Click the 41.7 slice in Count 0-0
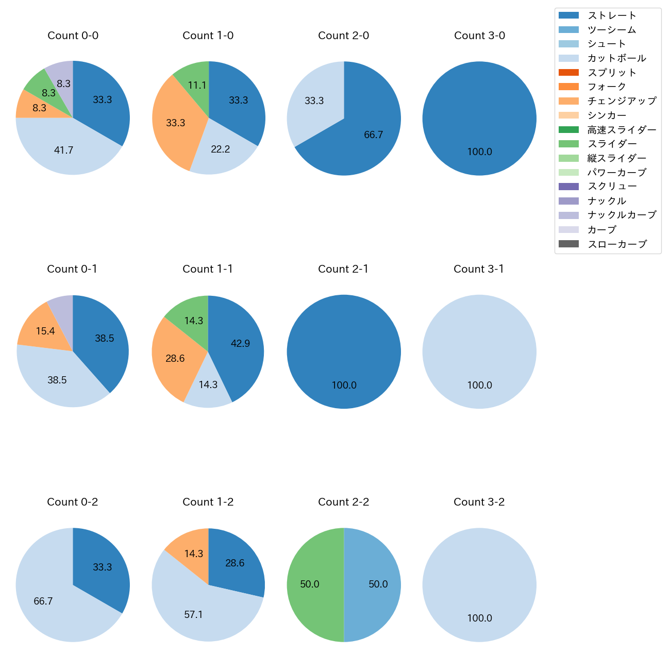[64, 150]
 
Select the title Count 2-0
[344, 36]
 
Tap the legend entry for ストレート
[612, 15]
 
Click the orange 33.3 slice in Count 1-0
[176, 123]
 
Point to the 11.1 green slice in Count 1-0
[197, 85]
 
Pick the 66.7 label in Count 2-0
[374, 135]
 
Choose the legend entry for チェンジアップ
[622, 101]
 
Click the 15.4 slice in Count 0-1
[45, 331]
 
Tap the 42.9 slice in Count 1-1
[240, 343]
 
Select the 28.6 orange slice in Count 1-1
[175, 358]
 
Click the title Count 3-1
[479, 269]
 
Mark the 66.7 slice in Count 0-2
[43, 601]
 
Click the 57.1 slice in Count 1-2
[194, 614]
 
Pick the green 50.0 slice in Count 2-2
[310, 584]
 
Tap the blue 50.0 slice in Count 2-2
[378, 584]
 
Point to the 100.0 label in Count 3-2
[480, 618]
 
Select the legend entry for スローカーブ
[617, 244]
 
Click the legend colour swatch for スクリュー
[568, 187]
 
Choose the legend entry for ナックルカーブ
[622, 215]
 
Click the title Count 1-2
[208, 502]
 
